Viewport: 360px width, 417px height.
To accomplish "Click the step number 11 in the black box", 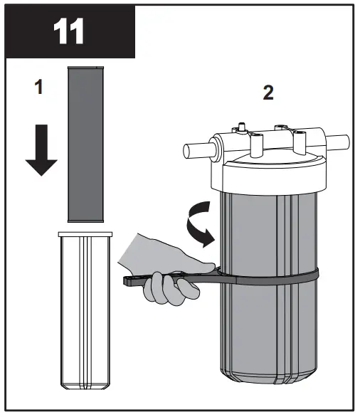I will tap(69, 31).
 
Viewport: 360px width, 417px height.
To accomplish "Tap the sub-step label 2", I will tap(268, 93).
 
